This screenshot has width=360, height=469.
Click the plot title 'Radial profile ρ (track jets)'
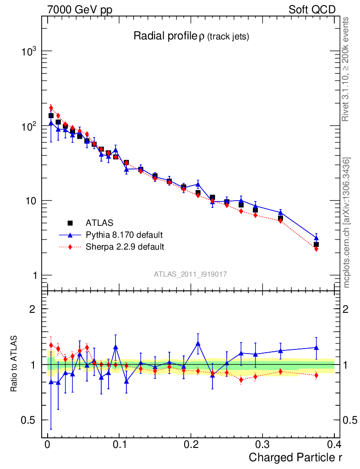click(191, 37)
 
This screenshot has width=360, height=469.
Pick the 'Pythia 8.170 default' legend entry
click(124, 235)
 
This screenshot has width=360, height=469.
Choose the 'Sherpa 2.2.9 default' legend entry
click(125, 247)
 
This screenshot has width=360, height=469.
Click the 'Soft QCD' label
click(312, 10)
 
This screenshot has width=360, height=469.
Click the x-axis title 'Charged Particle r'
click(295, 457)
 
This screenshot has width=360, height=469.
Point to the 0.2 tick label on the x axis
click(191, 445)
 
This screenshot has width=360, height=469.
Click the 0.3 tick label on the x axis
click(262, 445)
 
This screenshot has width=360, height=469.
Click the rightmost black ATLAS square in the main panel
click(316, 245)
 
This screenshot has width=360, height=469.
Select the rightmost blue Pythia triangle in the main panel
click(316, 238)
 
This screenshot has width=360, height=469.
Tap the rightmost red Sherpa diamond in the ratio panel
click(316, 376)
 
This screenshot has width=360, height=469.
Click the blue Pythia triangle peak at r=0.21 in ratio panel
click(198, 343)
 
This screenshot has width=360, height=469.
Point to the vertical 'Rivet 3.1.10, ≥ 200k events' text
click(346, 69)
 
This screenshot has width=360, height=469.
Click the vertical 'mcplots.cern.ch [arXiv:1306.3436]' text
click(347, 223)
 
